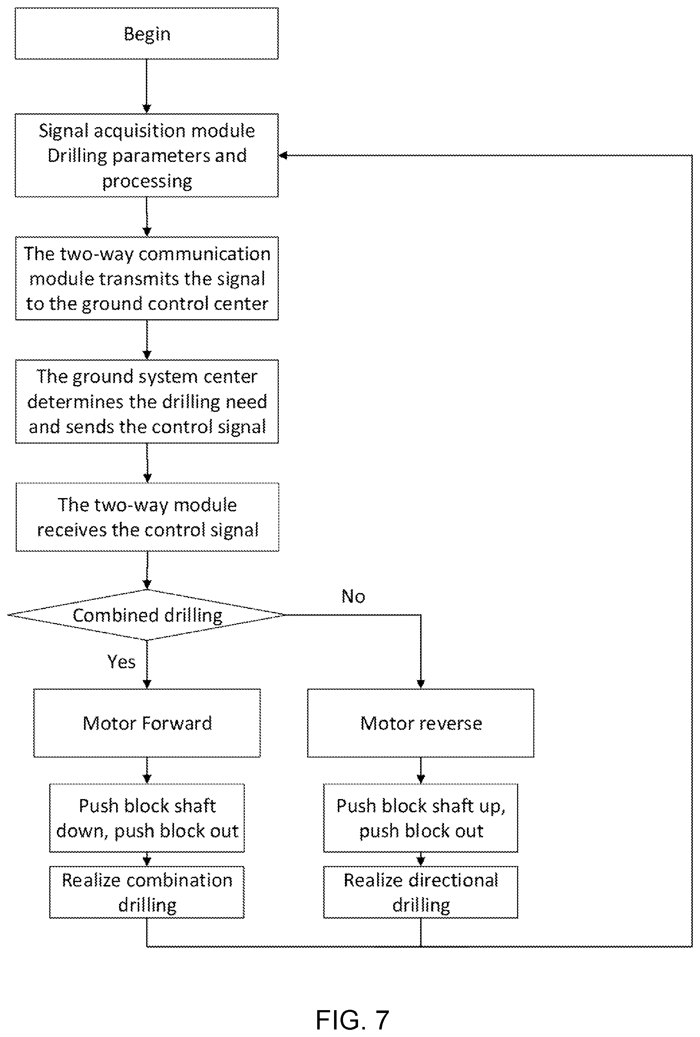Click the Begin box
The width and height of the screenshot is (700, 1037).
tap(147, 33)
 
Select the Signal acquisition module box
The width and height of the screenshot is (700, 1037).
tap(147, 155)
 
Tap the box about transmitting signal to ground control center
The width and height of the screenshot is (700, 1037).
tap(147, 278)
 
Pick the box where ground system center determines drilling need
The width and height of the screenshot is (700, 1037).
tap(147, 402)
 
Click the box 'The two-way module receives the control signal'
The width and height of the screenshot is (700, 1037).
tap(147, 517)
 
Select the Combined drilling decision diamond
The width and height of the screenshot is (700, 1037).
tap(147, 615)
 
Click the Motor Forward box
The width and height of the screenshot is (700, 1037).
tap(147, 723)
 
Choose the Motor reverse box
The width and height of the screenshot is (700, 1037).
tap(420, 723)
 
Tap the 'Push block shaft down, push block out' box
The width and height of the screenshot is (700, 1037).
tap(147, 818)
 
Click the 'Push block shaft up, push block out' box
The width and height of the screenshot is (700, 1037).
tap(420, 818)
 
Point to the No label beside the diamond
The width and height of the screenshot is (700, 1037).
tap(353, 596)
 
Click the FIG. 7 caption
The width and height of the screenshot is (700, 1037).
tap(352, 1019)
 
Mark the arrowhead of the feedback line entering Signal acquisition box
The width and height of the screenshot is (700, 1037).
tap(282, 155)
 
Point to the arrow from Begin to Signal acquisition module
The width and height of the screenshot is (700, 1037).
tap(147, 86)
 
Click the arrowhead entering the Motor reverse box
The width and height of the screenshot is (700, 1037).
tap(420, 684)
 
